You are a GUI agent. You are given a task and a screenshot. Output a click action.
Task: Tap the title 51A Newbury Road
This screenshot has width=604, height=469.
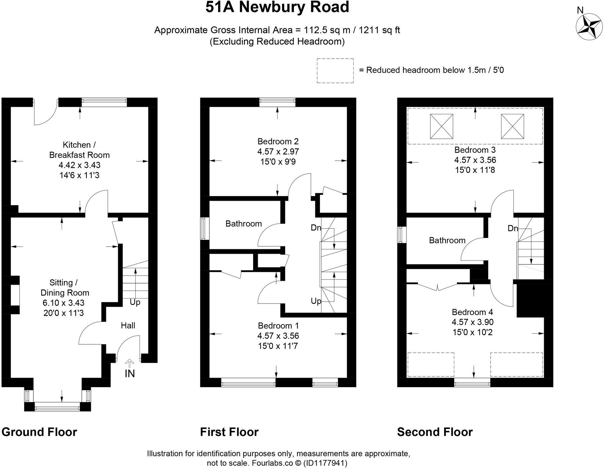point(277,7)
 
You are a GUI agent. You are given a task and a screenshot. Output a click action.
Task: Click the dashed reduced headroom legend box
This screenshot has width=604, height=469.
point(335,70)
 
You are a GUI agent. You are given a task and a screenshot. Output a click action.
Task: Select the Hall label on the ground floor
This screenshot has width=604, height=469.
point(128,325)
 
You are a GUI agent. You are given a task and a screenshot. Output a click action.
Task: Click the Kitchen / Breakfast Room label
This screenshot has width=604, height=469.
point(79,150)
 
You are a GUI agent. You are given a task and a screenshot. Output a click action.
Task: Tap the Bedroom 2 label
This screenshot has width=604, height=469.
point(278,141)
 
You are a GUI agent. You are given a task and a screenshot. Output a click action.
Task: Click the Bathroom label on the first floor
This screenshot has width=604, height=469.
point(243,224)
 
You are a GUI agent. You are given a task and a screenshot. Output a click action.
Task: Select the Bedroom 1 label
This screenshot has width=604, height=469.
point(278,326)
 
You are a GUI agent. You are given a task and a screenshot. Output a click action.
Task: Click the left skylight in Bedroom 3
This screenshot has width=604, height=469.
point(441,126)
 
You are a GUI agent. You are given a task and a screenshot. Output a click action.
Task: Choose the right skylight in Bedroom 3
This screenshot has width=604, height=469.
point(512,126)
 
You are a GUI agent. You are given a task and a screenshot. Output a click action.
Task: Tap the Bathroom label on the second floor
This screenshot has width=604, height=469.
point(447,240)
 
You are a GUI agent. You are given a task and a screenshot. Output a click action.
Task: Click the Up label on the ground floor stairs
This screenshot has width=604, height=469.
point(135,302)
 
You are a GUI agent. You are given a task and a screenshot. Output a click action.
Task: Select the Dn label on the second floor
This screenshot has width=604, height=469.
point(513,228)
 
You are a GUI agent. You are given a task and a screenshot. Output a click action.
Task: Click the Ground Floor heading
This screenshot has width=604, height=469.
point(39,432)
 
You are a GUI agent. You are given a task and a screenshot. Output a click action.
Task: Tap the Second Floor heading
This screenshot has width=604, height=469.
point(435,432)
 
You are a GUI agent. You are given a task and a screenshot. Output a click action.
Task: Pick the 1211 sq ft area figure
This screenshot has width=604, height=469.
point(380,30)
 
